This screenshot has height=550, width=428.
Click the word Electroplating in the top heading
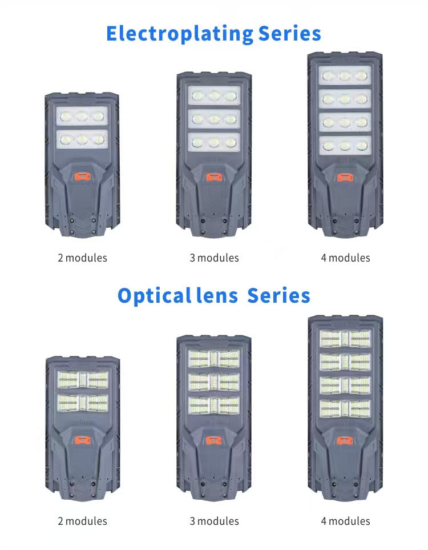(x=180, y=34)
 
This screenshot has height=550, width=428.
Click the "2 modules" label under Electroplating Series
(x=82, y=258)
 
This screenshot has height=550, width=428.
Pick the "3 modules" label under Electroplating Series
(x=214, y=258)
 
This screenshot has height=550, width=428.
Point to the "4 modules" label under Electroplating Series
(x=346, y=258)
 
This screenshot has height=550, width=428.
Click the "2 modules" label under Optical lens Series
(x=82, y=521)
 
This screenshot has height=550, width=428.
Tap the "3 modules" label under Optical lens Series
(x=214, y=521)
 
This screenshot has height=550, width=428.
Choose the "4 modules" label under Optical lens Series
(x=346, y=521)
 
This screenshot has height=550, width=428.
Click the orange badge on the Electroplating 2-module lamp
(x=82, y=177)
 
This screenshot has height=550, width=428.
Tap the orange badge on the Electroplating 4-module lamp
(x=345, y=178)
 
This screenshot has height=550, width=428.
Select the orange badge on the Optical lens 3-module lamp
(x=214, y=440)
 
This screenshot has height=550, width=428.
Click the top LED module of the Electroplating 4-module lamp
(x=345, y=75)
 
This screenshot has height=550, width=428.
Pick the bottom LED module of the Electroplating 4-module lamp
(x=345, y=146)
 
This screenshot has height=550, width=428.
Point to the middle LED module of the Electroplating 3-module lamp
(x=214, y=119)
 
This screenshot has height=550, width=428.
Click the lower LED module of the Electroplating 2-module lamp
(x=82, y=139)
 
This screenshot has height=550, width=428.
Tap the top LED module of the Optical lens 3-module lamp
(x=214, y=359)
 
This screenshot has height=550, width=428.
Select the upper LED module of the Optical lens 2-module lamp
(x=83, y=380)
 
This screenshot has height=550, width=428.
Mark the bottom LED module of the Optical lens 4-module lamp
(x=345, y=408)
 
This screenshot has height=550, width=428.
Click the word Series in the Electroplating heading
(x=289, y=34)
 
